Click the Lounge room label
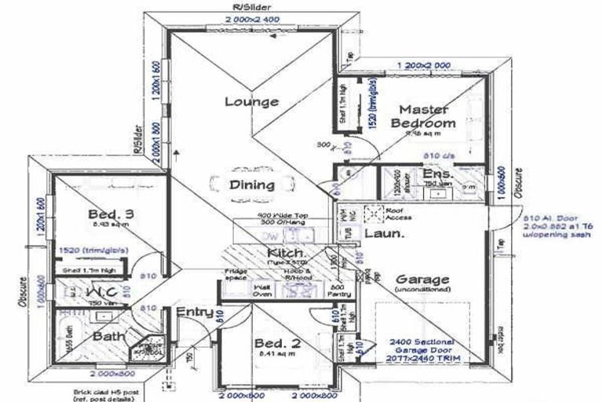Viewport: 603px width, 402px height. click(251, 101)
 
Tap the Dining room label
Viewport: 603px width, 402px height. click(252, 185)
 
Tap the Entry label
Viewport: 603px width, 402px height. click(195, 312)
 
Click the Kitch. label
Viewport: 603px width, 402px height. click(286, 253)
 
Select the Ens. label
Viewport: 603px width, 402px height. click(436, 174)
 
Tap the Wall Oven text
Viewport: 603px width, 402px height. click(261, 291)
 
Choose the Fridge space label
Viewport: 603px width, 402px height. click(236, 276)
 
